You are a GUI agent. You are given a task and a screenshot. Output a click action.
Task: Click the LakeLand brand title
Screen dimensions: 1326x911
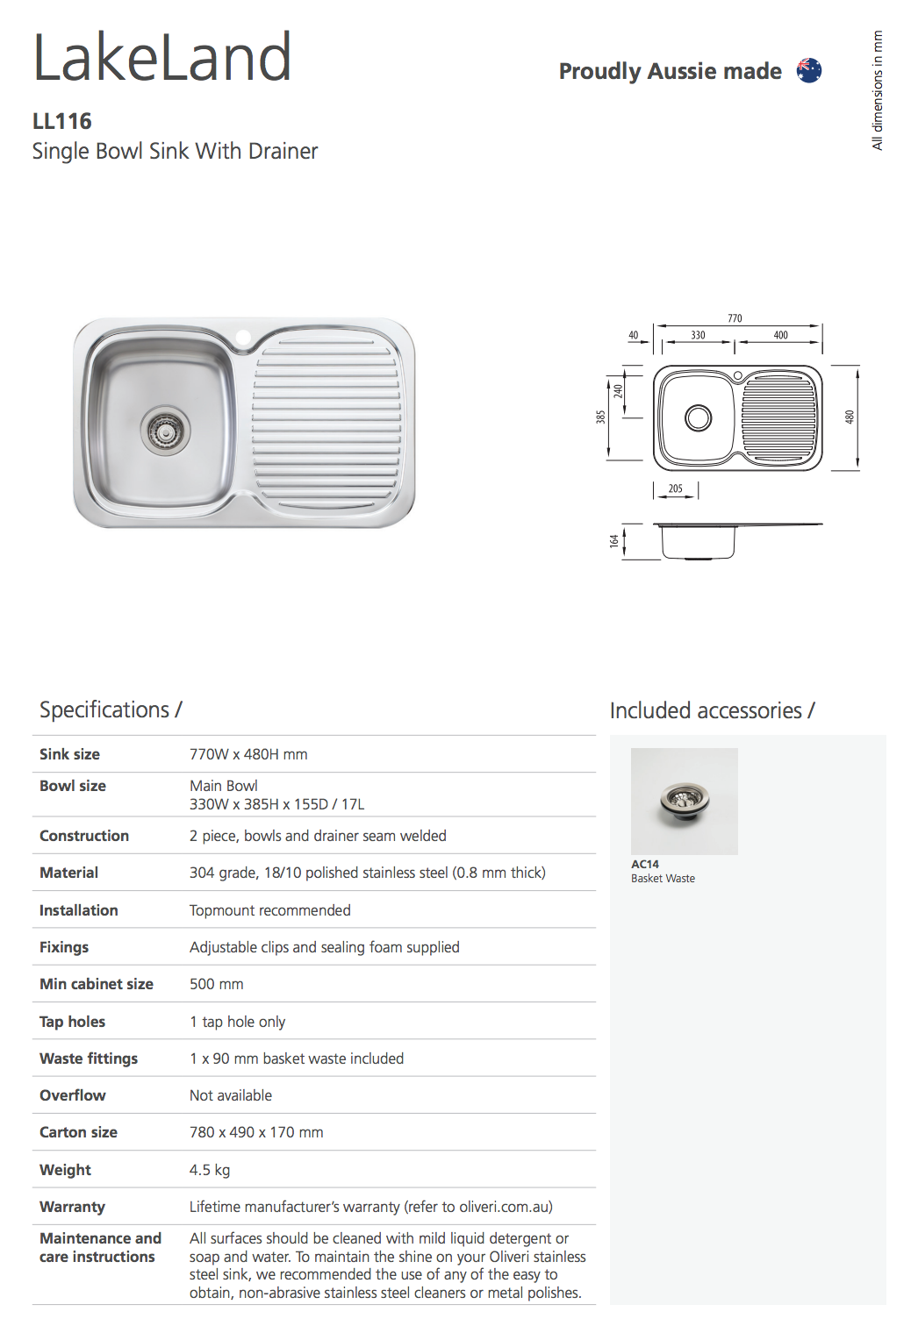[162, 58]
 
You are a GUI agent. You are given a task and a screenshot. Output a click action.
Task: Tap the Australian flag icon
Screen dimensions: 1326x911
[808, 70]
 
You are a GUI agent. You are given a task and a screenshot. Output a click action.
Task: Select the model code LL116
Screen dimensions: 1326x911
[62, 121]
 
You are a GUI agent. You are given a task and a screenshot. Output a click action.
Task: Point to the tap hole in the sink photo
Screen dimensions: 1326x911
[243, 337]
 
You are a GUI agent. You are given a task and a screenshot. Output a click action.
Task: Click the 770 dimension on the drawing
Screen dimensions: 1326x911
[735, 318]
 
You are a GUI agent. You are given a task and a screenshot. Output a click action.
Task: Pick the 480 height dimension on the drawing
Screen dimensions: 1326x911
[850, 417]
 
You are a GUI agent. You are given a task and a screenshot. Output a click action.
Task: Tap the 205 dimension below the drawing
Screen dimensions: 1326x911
[675, 488]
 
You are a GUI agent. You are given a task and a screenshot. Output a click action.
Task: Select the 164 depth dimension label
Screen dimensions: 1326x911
[613, 542]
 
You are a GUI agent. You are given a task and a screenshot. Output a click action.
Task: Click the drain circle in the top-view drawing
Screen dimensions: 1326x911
[699, 417]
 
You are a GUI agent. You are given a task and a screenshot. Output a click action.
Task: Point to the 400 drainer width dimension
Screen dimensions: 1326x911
[780, 335]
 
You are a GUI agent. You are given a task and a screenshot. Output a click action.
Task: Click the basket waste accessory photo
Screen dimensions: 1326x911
[685, 801]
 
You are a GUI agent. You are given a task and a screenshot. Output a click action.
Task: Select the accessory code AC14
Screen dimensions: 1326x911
[645, 864]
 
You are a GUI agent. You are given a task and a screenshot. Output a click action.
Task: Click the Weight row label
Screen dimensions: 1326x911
[65, 1170]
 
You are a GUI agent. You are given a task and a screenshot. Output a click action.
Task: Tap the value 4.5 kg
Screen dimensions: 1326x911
[210, 1170]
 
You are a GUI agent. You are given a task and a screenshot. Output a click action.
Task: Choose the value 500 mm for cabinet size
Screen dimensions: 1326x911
[217, 984]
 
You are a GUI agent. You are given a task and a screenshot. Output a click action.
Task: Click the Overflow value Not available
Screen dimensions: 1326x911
[231, 1095]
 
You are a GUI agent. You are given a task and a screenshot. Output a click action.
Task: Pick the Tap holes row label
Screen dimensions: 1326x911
[72, 1022]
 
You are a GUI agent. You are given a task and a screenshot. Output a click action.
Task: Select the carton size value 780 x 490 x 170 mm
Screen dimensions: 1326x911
[256, 1132]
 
